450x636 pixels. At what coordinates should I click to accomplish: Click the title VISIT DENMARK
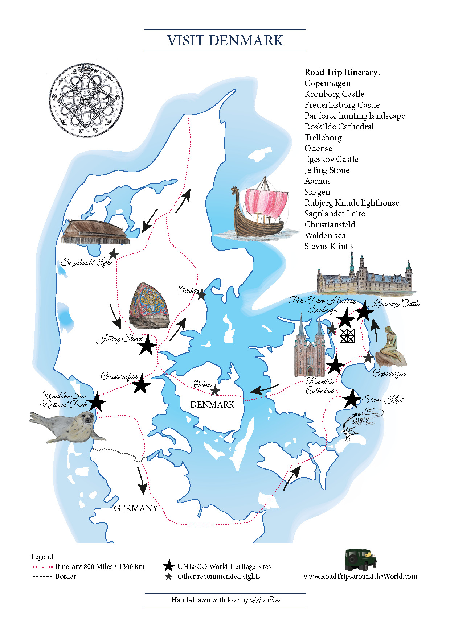point(225,40)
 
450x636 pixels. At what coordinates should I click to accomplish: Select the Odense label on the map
point(203,384)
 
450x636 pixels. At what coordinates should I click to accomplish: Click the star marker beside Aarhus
point(201,294)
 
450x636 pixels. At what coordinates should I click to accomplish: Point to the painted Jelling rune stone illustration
point(149,305)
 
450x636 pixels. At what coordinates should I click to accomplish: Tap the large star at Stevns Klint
point(351,398)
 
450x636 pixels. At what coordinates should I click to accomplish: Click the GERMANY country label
point(136,508)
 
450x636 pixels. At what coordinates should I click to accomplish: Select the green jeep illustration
point(361,560)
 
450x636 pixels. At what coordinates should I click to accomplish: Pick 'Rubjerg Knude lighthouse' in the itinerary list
point(352,203)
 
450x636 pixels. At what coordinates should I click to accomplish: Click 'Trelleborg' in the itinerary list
point(323,137)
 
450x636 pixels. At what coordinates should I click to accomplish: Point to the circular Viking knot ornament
point(86,100)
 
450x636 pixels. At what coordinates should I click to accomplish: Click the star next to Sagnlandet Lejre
point(114,254)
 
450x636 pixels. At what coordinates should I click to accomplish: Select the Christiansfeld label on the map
point(120,376)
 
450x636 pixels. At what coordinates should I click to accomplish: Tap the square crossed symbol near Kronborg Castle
point(347,335)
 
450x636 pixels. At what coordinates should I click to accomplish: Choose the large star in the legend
point(169,565)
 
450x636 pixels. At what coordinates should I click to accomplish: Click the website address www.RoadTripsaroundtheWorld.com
point(360,576)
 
